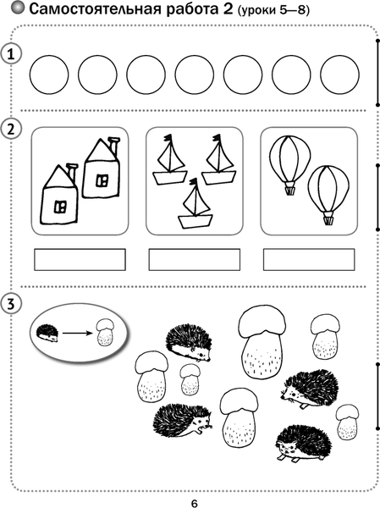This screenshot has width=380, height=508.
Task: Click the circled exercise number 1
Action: click(11, 54)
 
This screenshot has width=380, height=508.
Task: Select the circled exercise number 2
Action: click(11, 130)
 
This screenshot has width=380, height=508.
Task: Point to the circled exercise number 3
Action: click(11, 304)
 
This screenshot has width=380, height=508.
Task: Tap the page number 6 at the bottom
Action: click(194, 503)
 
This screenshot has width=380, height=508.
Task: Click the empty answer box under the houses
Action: click(80, 260)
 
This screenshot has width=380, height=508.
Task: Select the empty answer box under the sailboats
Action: click(195, 260)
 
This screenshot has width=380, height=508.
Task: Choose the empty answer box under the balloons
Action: click(309, 260)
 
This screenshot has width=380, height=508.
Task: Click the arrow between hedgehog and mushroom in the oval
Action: click(77, 333)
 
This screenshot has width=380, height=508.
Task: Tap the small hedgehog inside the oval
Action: click(47, 333)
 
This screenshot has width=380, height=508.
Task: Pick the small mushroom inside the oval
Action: click(106, 333)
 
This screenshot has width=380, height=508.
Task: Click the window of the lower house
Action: click(60, 207)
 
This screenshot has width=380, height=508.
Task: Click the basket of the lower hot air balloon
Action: click(328, 220)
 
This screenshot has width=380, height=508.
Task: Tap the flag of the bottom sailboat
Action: click(194, 182)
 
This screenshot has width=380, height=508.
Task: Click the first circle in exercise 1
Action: click(49, 75)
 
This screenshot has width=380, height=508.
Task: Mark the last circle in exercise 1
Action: click(340, 75)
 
